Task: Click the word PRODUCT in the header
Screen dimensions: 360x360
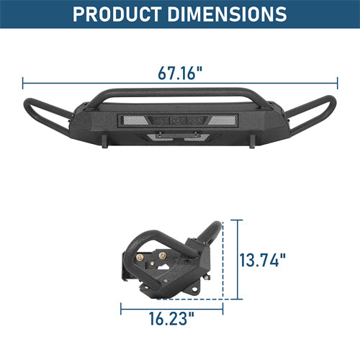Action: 117,14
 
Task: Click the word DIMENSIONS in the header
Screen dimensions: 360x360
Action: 227,14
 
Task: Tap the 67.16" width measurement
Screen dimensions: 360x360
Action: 180,73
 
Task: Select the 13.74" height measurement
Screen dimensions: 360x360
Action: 263,260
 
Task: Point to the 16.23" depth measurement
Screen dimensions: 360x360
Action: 171,318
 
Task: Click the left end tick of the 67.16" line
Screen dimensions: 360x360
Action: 23,83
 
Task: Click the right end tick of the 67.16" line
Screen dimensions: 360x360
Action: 337,83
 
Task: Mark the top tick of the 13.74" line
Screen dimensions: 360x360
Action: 238,220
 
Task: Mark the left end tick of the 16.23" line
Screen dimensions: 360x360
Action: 121,309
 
